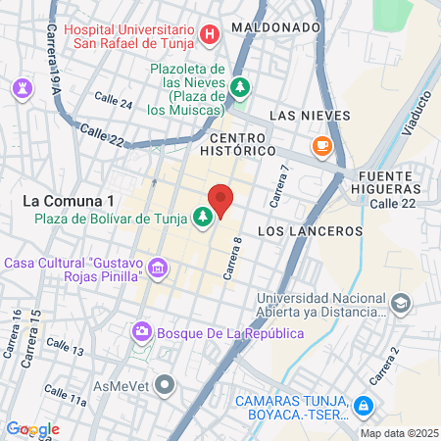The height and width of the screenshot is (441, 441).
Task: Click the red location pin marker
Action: pos(221,200)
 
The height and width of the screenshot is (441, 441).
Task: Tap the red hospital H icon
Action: pos(209,36)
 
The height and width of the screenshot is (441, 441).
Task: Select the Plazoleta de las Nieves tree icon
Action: pos(240,86)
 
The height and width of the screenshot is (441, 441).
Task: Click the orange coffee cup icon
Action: pos(321,146)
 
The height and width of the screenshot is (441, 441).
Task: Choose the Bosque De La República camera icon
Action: pos(143,333)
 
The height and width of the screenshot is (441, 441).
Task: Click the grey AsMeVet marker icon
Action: pos(165,384)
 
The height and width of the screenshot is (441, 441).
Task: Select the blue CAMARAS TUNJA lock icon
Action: pos(363,405)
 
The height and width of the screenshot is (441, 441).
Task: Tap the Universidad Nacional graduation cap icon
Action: pos(400,306)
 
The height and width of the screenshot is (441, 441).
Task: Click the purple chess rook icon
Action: pos(22,88)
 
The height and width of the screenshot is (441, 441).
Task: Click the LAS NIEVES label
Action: pos(309,115)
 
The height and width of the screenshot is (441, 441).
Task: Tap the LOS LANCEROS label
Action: pos(310,231)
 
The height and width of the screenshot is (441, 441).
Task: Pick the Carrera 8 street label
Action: pos(232,261)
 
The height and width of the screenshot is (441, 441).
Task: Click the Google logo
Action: pos(32,429)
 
